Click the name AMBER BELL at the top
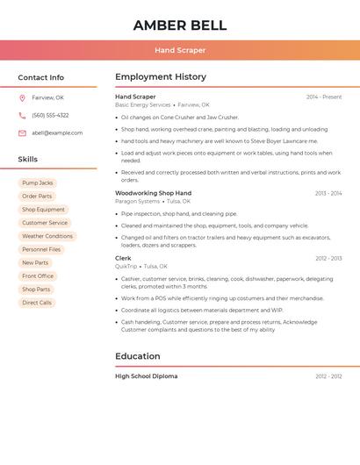pos(179,25)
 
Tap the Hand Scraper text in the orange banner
pos(179,50)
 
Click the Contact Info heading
pos(40,77)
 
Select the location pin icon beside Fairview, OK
pos(22,97)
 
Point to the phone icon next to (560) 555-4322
pos(22,115)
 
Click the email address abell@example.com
pos(57,132)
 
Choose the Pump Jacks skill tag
pos(37,183)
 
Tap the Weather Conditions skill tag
pos(47,236)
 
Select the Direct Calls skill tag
pos(37,303)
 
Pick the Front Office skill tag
pos(38,276)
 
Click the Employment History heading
pos(160,77)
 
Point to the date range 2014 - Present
pos(324,97)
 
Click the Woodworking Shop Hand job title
pos(153,193)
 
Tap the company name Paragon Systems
pos(137,201)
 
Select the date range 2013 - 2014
pos(328,193)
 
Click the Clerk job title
pos(123,258)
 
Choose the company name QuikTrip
pos(126,266)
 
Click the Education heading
pos(137,356)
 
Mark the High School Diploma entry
pos(146,376)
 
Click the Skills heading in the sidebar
pos(27,160)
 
